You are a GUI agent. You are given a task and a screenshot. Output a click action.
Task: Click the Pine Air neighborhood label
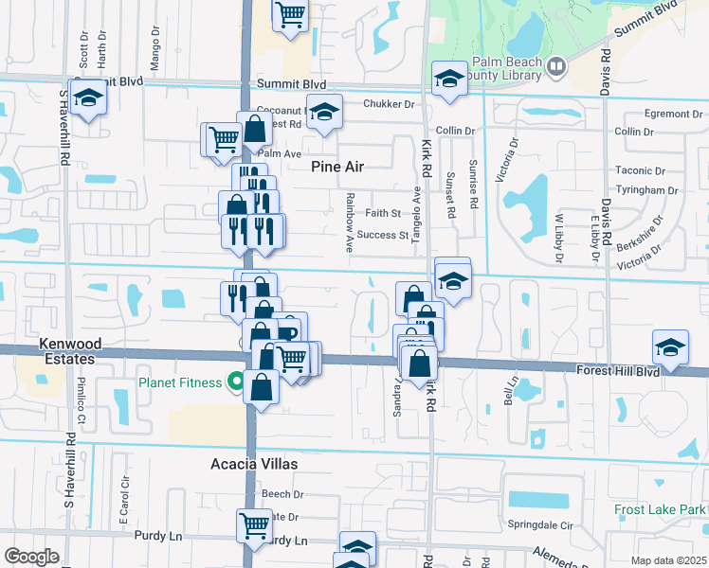(338, 167)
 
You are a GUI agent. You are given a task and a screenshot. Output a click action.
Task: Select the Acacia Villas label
(254, 464)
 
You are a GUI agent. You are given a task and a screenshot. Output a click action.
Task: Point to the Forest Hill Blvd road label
(618, 373)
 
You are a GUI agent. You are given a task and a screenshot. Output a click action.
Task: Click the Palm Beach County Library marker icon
(556, 66)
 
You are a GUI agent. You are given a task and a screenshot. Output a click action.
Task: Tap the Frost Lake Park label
(661, 510)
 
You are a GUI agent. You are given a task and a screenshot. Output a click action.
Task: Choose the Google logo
(31, 556)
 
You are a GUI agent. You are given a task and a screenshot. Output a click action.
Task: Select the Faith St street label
(384, 214)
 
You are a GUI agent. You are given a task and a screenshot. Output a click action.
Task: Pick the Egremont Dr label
(672, 114)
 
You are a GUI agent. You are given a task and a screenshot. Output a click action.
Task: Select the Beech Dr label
(282, 494)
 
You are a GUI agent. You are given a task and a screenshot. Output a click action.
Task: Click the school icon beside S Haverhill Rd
(88, 98)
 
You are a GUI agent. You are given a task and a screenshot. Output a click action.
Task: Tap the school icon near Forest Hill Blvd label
(670, 347)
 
